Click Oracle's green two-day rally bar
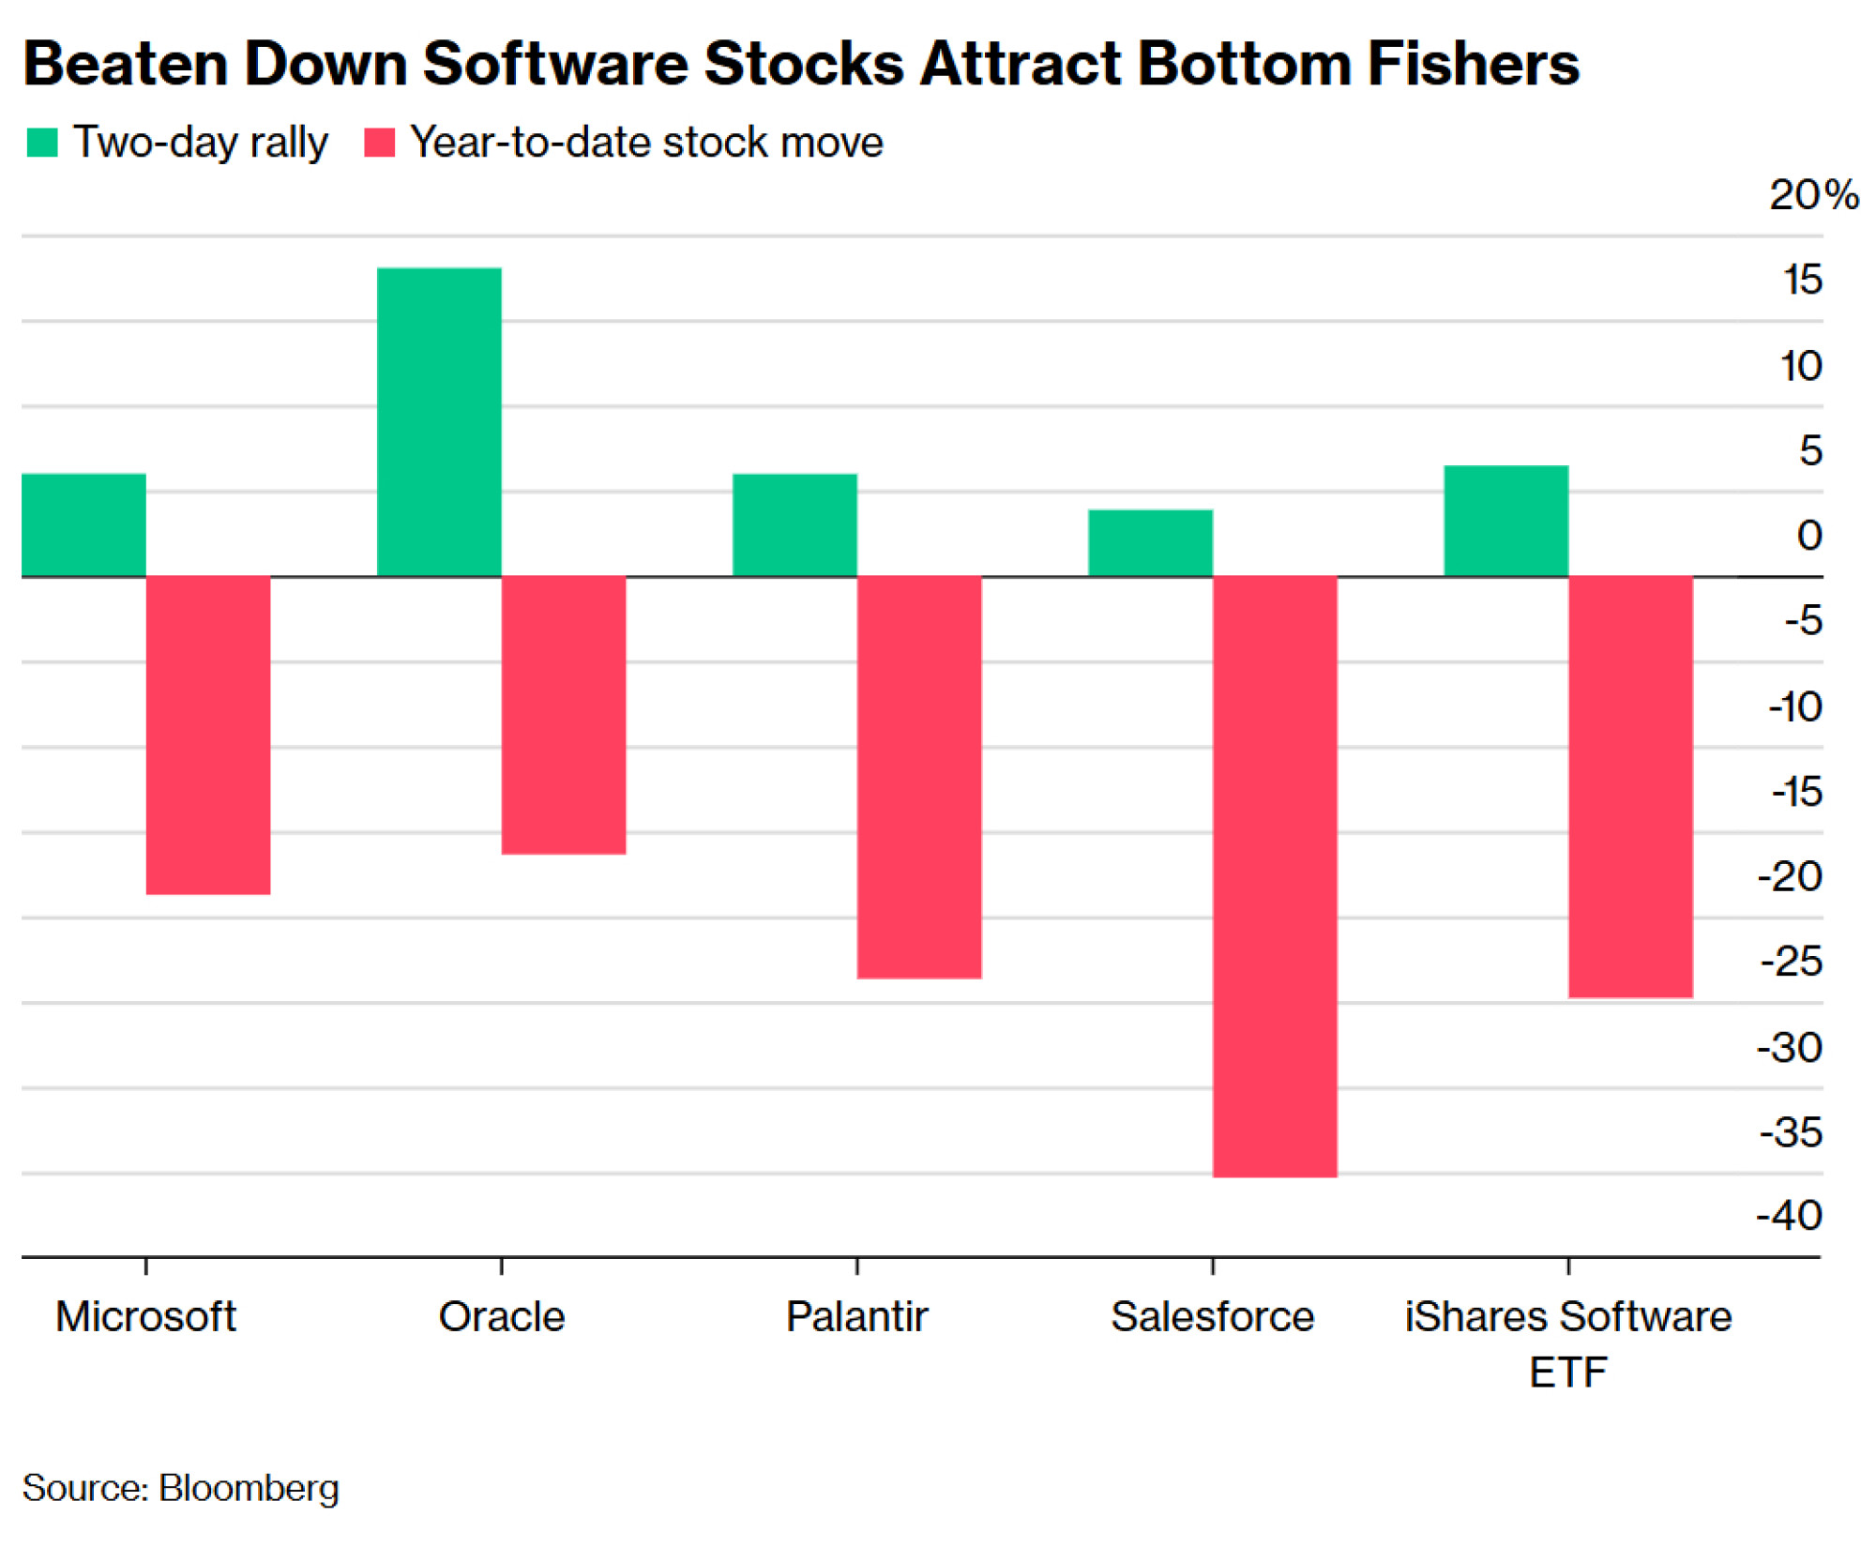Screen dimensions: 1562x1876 coord(439,422)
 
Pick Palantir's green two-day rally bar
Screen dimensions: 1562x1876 coord(794,525)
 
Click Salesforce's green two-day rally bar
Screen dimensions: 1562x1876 coord(1150,543)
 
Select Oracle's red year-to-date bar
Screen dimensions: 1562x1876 coord(564,715)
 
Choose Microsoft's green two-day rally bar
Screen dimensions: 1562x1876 coord(83,525)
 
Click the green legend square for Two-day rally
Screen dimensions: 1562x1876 coord(42,143)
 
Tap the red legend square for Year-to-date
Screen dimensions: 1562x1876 coord(379,143)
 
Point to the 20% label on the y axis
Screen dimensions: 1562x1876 coord(1813,195)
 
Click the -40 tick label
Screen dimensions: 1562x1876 coord(1790,1216)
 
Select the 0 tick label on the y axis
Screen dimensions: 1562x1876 coord(1809,536)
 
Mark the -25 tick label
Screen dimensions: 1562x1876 coord(1792,962)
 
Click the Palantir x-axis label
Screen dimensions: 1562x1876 coord(856,1317)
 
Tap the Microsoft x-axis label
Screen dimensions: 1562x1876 coord(145,1317)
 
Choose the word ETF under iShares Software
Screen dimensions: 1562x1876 coord(1567,1373)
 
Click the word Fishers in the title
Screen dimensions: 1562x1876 coord(1473,64)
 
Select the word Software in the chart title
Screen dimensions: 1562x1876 coord(555,64)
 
